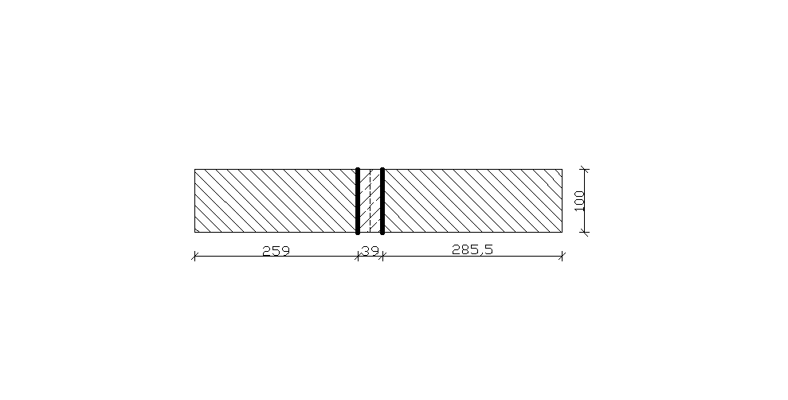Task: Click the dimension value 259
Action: (276, 249)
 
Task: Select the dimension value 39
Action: (370, 249)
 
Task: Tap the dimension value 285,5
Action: (472, 249)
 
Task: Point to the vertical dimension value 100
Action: (579, 200)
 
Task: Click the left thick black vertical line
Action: (358, 201)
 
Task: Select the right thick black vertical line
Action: (382, 201)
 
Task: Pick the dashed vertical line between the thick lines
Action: (370, 201)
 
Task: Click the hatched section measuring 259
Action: (276, 201)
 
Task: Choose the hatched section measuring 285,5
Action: (472, 201)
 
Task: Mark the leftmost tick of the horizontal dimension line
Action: (194, 256)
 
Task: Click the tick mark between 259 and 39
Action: (358, 256)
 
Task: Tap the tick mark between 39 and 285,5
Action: (382, 256)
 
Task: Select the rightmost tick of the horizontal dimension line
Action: (563, 256)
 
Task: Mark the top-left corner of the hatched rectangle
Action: (194, 169)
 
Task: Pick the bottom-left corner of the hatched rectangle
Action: (194, 232)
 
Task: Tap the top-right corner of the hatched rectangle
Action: (563, 169)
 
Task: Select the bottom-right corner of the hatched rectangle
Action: (563, 232)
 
